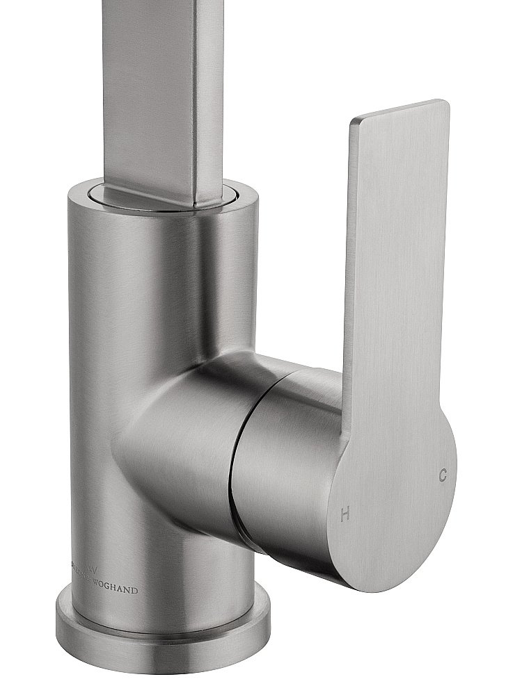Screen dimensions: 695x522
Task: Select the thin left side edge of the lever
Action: [x=351, y=243]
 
